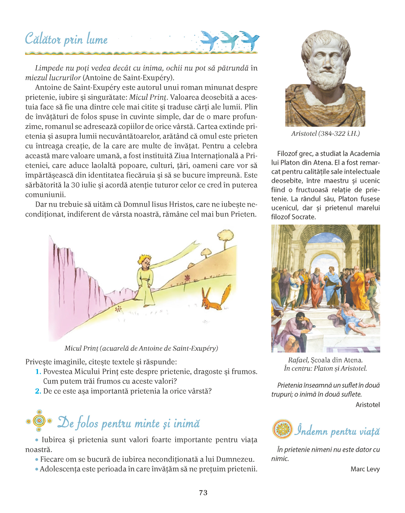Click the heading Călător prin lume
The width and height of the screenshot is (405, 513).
click(66, 40)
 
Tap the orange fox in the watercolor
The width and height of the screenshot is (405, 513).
click(215, 299)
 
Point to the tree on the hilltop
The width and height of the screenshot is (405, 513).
click(225, 236)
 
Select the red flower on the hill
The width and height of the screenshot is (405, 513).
click(187, 277)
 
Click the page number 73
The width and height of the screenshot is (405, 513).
click(203, 492)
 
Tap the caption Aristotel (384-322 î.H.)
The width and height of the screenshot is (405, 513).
click(325, 134)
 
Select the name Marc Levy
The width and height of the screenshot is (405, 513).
click(365, 469)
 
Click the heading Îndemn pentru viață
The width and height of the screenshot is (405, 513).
click(337, 430)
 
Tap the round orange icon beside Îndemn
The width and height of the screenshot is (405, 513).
click(282, 429)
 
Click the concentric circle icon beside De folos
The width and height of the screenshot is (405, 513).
click(39, 421)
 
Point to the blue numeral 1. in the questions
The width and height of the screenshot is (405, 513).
click(38, 372)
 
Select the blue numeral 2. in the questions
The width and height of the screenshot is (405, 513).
click(38, 391)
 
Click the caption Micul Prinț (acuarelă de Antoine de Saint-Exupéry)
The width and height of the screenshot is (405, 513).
click(141, 348)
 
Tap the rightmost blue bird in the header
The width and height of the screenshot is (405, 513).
click(250, 40)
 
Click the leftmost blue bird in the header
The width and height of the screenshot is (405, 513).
click(209, 40)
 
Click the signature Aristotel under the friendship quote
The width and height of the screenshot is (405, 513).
click(367, 404)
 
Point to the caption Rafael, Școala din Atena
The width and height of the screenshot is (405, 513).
click(325, 360)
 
